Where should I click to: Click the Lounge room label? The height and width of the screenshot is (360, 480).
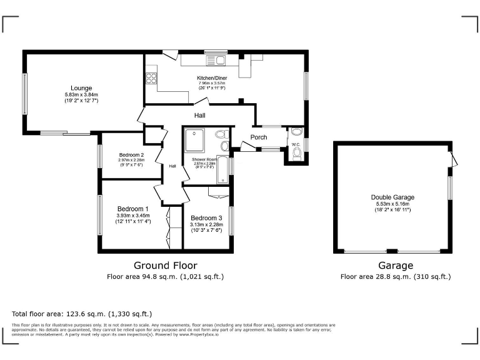click(x=81, y=87)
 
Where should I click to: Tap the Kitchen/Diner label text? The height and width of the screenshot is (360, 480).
click(x=212, y=78)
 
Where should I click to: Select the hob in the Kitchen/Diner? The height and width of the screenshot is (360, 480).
click(x=151, y=78)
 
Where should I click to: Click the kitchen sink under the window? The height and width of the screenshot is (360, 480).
click(x=221, y=61)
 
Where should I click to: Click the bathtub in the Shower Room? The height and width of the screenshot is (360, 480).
click(x=223, y=171)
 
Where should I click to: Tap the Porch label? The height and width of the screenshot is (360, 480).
click(x=259, y=137)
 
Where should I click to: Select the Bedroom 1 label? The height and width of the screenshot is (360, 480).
click(x=132, y=209)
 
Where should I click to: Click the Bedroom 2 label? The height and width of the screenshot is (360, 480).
click(x=131, y=155)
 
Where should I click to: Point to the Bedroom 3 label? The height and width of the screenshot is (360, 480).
click(x=206, y=217)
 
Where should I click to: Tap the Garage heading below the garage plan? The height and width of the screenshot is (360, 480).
click(x=395, y=266)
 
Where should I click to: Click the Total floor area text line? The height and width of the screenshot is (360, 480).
click(x=81, y=314)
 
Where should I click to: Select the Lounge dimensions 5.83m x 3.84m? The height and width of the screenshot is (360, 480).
click(x=81, y=94)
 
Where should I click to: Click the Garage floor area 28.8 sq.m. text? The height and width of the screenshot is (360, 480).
click(x=395, y=276)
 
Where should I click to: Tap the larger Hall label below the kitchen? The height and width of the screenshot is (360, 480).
click(x=199, y=116)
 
